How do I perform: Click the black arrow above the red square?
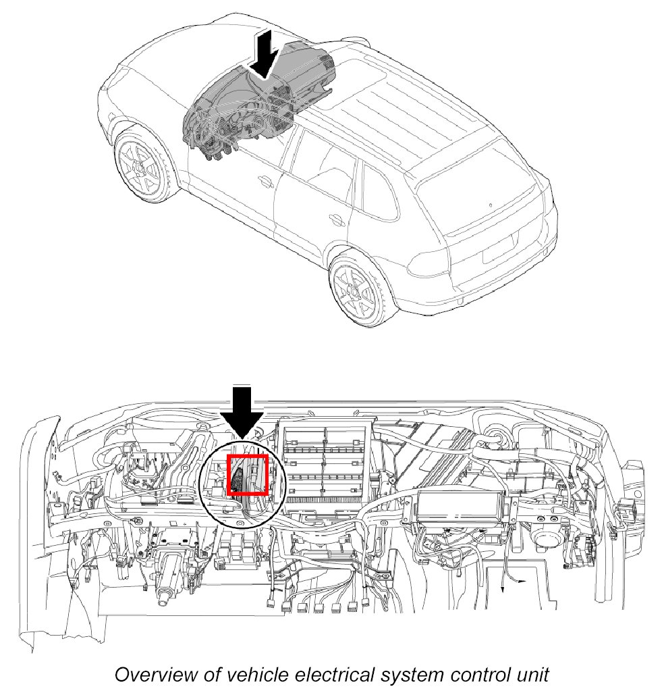point(242,412)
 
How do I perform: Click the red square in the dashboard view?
point(247,475)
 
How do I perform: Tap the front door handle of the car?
point(265,180)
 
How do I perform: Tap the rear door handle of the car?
point(336,218)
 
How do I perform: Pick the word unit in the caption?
point(531,675)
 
